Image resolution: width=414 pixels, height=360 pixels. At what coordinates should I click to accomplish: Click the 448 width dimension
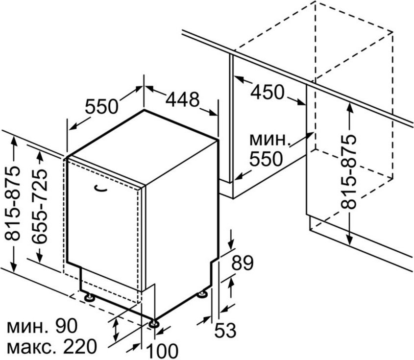[182, 99]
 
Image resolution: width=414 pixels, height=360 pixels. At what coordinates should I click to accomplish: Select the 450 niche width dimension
[268, 92]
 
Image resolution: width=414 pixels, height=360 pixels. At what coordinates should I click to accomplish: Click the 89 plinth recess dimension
[243, 263]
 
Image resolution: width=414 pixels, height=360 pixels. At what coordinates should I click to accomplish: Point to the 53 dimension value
[225, 330]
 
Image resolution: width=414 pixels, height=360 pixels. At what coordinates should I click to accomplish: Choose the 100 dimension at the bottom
[162, 351]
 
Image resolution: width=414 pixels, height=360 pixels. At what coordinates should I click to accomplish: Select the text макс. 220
[52, 346]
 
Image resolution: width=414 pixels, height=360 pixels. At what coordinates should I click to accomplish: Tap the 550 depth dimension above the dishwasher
[101, 106]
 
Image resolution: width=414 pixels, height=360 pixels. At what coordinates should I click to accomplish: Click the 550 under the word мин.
[266, 159]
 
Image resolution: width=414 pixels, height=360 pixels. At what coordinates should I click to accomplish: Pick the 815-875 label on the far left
[12, 204]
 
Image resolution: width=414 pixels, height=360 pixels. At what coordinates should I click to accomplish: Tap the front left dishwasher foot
[90, 297]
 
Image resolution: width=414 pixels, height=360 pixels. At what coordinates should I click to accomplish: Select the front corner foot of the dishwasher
[153, 324]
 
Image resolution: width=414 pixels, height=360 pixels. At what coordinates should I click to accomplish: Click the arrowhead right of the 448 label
[213, 113]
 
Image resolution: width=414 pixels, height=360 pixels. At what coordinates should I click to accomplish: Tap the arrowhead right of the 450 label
[301, 103]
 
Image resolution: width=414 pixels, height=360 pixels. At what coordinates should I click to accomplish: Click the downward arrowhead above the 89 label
[232, 245]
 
